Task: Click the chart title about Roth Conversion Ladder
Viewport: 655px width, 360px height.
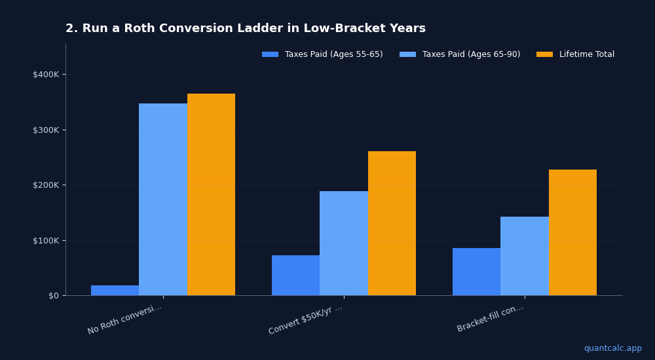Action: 246,29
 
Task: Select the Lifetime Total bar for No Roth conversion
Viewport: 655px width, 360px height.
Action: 211,194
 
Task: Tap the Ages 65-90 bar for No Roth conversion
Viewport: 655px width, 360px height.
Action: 163,200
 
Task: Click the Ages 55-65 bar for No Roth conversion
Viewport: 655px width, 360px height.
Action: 115,290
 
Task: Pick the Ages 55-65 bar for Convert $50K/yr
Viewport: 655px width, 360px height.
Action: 295,276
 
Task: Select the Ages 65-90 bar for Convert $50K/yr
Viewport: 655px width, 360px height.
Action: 344,243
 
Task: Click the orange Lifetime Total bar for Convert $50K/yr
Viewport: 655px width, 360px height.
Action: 392,223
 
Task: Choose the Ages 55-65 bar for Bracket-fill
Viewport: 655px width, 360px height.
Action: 476,272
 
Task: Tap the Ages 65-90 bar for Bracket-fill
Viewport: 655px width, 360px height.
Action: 525,256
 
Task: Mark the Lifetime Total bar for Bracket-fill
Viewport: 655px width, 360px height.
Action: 572,232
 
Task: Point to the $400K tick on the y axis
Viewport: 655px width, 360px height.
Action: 46,74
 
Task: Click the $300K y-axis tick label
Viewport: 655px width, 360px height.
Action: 46,130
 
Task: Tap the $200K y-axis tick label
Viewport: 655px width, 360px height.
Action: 46,185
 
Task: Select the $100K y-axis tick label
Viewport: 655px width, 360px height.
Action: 46,240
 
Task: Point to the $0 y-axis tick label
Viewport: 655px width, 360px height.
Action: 53,295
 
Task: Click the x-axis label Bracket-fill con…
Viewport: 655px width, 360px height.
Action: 491,318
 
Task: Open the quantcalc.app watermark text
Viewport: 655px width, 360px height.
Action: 612,348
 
